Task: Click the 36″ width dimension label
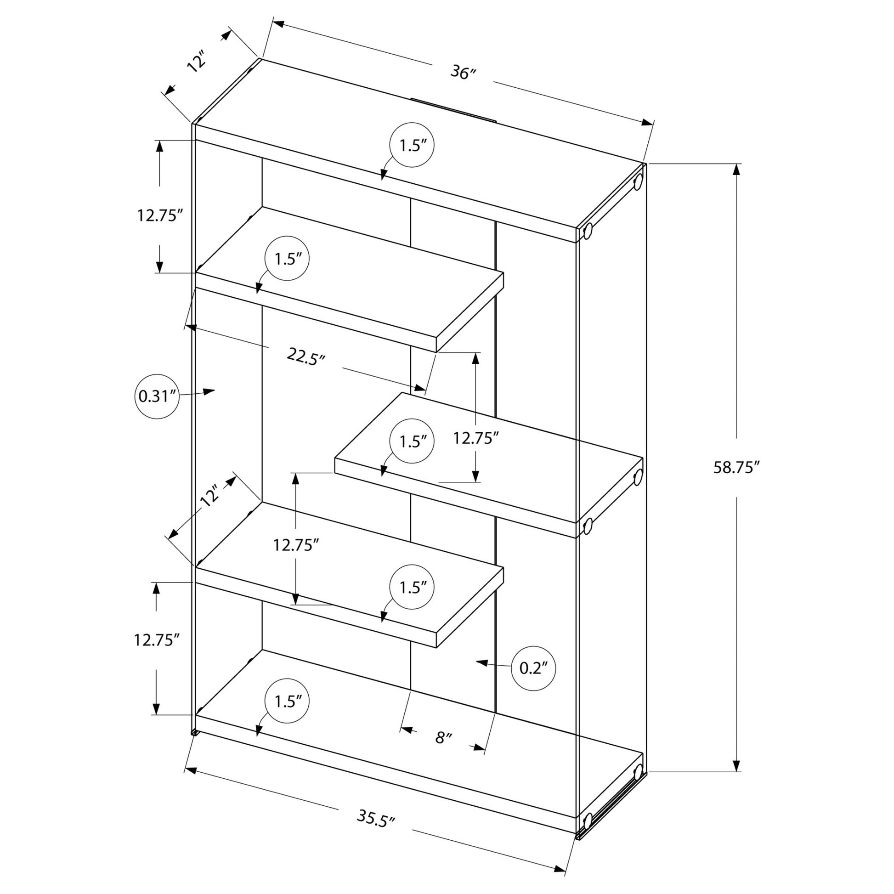pyautogui.click(x=463, y=73)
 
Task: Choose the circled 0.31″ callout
pyautogui.click(x=157, y=396)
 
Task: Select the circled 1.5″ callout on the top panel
pyautogui.click(x=412, y=145)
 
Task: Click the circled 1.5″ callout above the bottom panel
pyautogui.click(x=287, y=702)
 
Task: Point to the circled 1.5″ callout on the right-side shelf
pyautogui.click(x=412, y=441)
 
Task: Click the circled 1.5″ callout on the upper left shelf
pyautogui.click(x=287, y=258)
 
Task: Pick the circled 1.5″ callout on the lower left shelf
pyautogui.click(x=412, y=587)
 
